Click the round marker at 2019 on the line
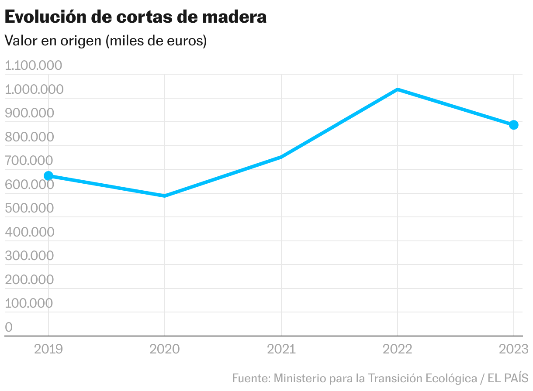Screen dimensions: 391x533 click(48, 176)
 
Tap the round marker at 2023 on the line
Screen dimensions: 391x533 click(514, 125)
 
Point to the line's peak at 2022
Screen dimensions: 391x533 click(398, 90)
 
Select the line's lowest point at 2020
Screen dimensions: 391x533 click(165, 196)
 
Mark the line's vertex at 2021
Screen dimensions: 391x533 click(281, 157)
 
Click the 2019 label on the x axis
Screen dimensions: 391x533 click(48, 349)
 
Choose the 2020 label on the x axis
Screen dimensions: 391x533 click(165, 349)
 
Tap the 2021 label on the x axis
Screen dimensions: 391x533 click(281, 349)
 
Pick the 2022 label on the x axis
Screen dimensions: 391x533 click(398, 349)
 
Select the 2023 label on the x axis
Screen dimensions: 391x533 click(514, 349)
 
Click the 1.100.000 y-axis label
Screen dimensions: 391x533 click(34, 66)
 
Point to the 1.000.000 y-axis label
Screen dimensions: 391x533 click(34, 89)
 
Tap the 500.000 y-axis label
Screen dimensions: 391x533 click(29, 208)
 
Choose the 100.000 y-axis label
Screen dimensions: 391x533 click(29, 303)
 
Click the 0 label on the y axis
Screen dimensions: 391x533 click(9, 327)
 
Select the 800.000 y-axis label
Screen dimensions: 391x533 click(29, 137)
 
